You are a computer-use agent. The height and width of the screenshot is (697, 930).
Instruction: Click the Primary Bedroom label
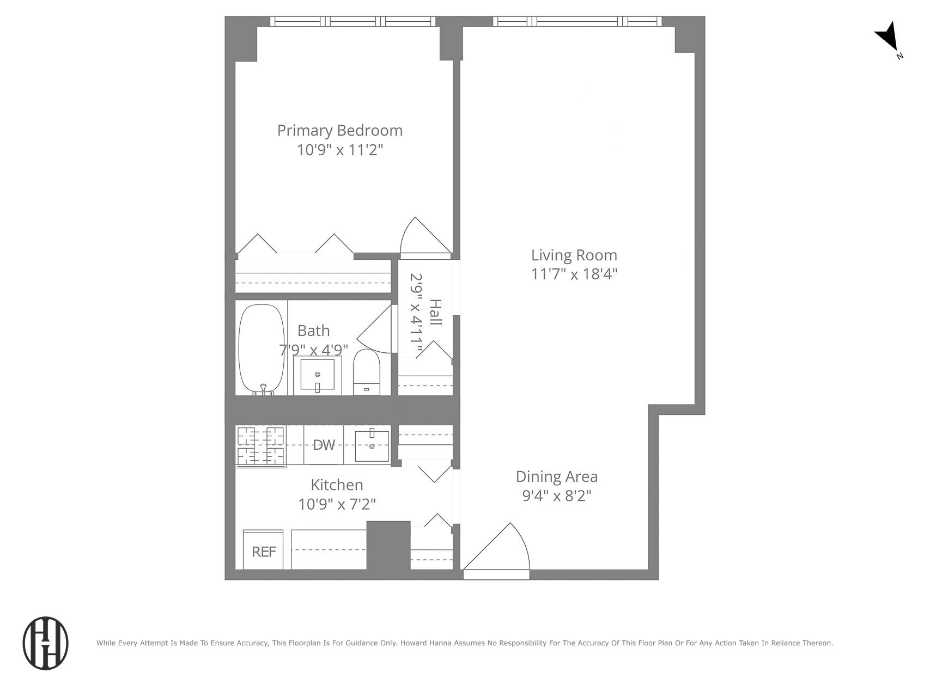(339, 131)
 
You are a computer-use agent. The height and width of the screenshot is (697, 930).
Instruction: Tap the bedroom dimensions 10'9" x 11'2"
(339, 150)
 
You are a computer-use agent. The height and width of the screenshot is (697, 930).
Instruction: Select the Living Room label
(574, 255)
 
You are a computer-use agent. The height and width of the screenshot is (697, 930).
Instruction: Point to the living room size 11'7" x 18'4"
(574, 274)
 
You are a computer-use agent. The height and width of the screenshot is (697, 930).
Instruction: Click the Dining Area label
(556, 477)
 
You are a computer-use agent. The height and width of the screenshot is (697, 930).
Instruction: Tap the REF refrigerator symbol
(264, 551)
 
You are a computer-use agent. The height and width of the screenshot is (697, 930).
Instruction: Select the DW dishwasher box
(324, 445)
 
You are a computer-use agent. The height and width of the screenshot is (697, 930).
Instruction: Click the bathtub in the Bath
(262, 348)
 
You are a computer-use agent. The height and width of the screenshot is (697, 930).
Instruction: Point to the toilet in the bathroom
(366, 372)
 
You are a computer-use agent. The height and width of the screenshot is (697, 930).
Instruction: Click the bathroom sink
(317, 375)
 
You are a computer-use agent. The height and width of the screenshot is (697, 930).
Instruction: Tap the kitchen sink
(372, 445)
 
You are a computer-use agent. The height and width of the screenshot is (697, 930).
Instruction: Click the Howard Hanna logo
(45, 643)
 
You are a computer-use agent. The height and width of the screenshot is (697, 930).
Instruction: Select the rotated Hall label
(435, 312)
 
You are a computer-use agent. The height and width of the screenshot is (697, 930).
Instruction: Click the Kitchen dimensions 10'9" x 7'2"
(337, 504)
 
